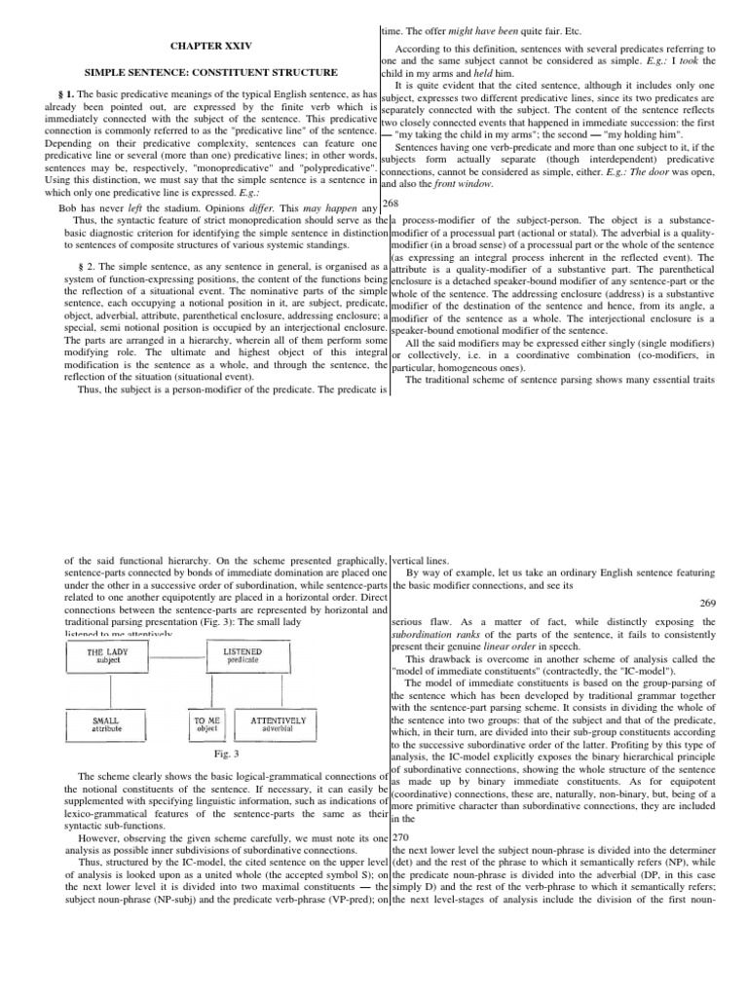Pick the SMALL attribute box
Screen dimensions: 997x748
click(x=105, y=724)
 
